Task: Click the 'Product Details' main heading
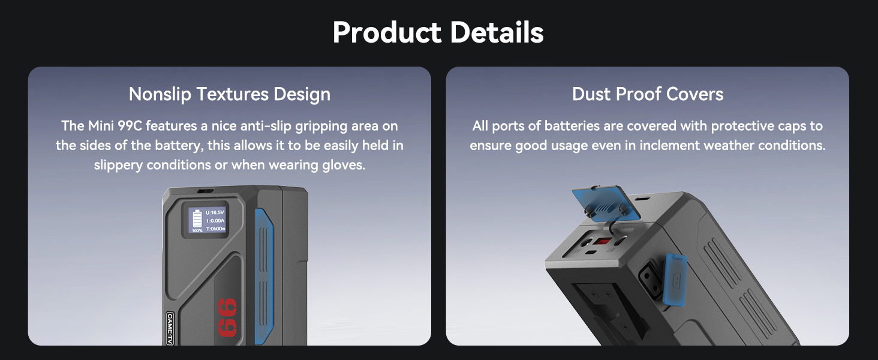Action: (438, 32)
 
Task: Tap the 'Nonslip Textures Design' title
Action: (230, 94)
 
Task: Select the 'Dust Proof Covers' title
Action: (648, 94)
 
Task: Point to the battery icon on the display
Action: (197, 219)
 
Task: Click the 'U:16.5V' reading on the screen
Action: (215, 212)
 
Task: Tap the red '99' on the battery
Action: (228, 317)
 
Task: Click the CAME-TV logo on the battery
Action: (170, 329)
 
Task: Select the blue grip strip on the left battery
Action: (264, 277)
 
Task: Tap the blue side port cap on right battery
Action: (675, 279)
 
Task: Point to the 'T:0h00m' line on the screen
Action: (215, 229)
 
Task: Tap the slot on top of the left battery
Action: (205, 191)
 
